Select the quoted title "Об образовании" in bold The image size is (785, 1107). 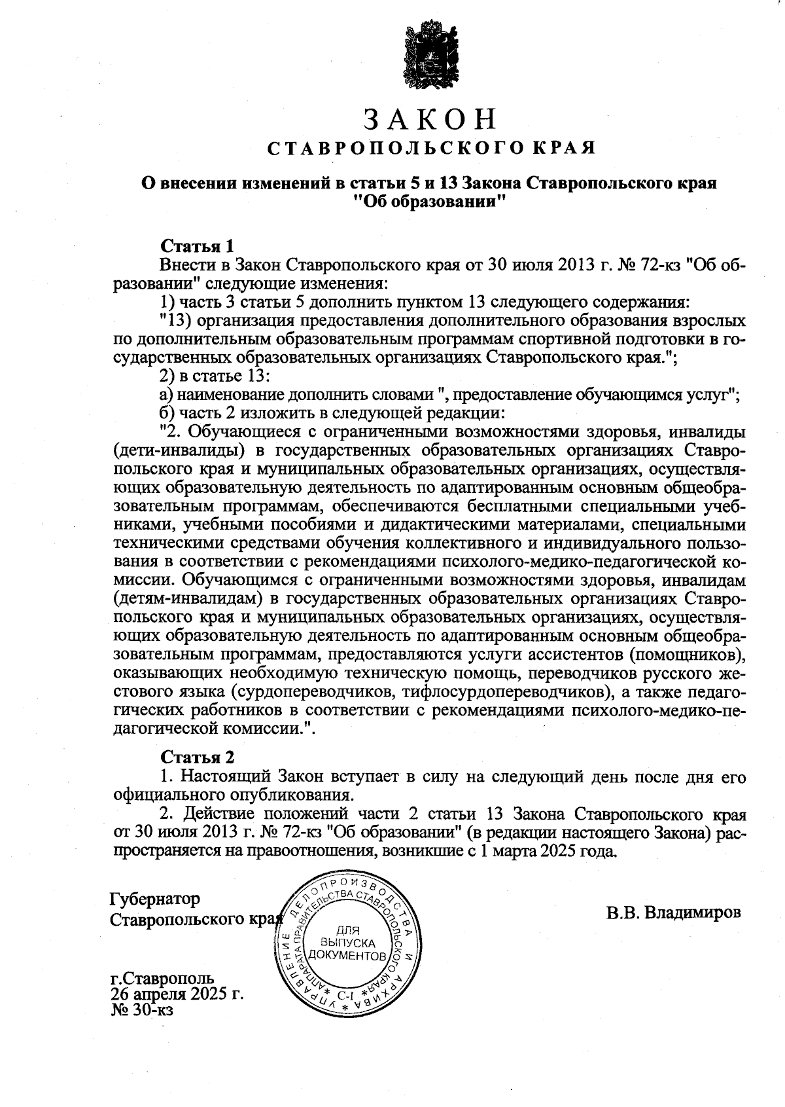430,202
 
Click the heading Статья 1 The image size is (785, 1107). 197,247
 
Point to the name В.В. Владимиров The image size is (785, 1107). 673,913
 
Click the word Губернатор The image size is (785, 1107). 155,898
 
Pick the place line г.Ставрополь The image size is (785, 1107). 162,979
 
